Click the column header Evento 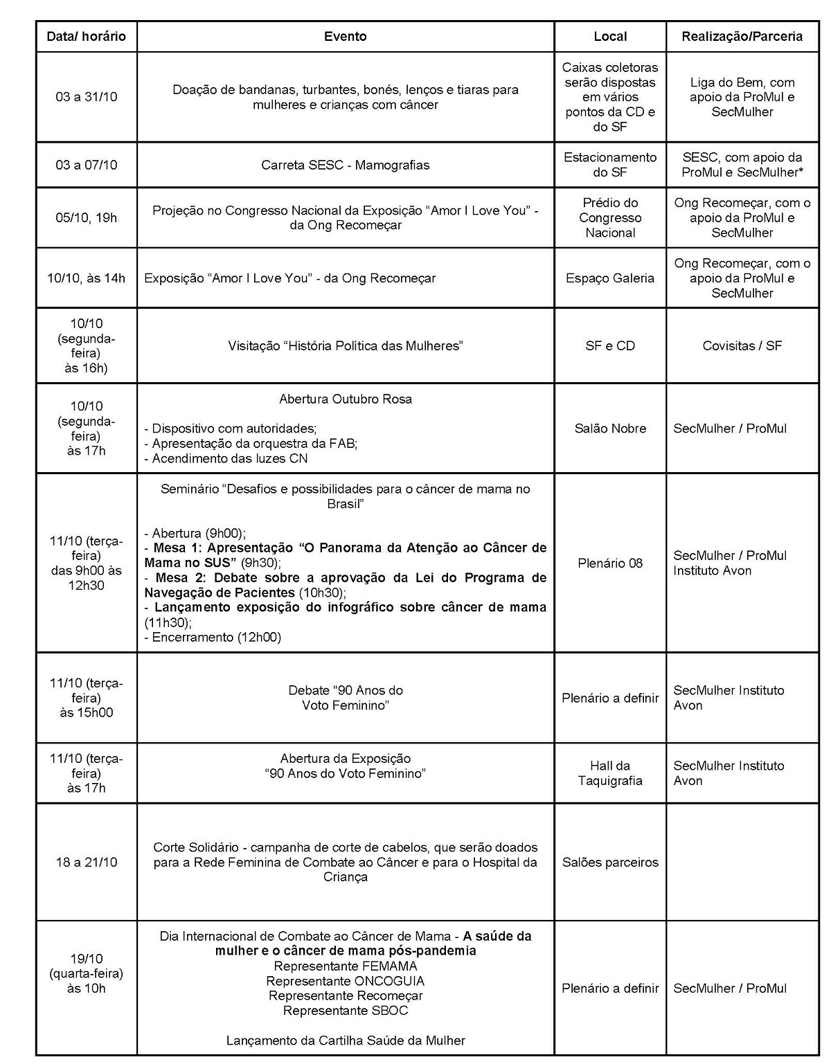346,37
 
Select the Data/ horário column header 87,37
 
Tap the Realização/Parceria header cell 742,37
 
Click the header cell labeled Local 610,37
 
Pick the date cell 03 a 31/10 87,97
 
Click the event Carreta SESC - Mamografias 346,165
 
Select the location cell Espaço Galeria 610,278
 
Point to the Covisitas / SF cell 742,345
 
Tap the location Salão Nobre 610,429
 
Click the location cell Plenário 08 610,563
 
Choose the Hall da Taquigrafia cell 610,773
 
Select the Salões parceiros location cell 610,862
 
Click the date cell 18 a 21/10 87,862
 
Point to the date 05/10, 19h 87,218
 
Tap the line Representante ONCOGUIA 346,981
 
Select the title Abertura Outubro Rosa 346,399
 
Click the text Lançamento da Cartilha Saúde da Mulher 346,1040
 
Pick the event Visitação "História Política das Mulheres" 346,345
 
